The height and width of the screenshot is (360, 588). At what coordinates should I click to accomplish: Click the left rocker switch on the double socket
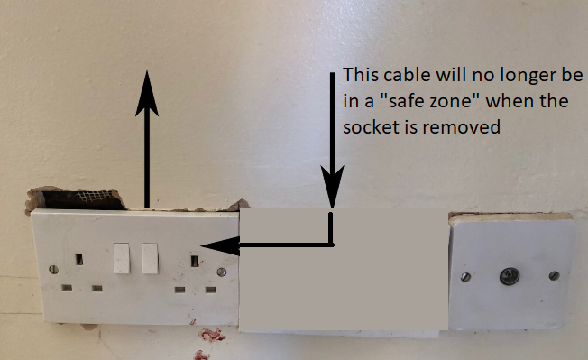[122, 258]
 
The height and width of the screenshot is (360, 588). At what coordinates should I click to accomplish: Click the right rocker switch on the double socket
[150, 258]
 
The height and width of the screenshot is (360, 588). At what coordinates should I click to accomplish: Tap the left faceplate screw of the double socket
[53, 269]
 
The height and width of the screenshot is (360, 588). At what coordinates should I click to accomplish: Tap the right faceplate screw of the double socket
[222, 272]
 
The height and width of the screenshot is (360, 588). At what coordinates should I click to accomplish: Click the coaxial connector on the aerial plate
[510, 276]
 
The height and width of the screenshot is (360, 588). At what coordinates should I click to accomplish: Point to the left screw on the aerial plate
[465, 277]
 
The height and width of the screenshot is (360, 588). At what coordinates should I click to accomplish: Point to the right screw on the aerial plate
[554, 275]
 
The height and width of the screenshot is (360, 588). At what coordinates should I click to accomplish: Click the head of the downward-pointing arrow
[332, 187]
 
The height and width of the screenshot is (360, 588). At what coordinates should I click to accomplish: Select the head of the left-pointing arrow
[220, 246]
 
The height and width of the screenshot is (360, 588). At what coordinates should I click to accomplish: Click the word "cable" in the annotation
[407, 75]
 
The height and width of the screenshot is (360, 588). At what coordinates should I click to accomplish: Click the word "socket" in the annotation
[371, 127]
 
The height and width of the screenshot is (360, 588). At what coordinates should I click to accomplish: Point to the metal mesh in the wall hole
[95, 196]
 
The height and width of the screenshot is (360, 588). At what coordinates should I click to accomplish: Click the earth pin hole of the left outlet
[79, 259]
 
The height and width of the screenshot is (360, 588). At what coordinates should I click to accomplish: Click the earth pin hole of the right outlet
[195, 261]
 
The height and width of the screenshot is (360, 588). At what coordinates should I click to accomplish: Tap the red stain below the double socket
[211, 335]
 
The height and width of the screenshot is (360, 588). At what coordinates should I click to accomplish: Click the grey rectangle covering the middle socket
[344, 269]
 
